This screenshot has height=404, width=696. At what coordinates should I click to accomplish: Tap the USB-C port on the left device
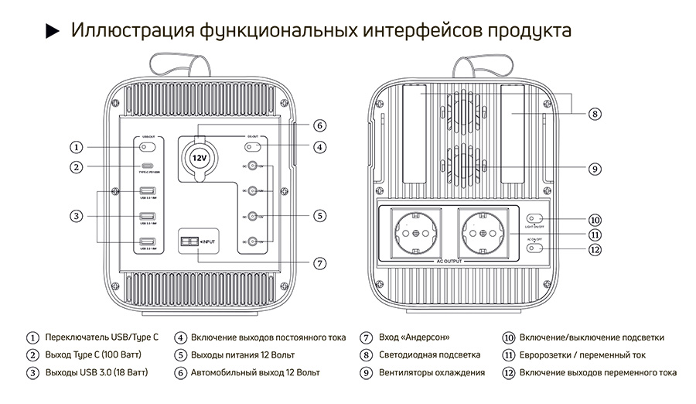click(x=146, y=166)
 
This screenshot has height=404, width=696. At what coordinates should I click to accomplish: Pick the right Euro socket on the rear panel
click(x=479, y=230)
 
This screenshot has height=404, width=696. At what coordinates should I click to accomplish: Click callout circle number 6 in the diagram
click(x=319, y=125)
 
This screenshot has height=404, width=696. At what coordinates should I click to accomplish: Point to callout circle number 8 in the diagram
click(x=594, y=114)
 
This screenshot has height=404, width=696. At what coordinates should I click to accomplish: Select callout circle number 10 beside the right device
click(x=594, y=219)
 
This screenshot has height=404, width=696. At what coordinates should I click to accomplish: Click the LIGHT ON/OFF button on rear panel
click(x=534, y=218)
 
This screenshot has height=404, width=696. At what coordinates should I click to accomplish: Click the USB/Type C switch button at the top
click(x=146, y=146)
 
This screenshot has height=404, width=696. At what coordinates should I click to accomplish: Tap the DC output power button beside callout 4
click(x=263, y=146)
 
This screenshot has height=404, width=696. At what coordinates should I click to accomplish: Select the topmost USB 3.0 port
click(x=146, y=191)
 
